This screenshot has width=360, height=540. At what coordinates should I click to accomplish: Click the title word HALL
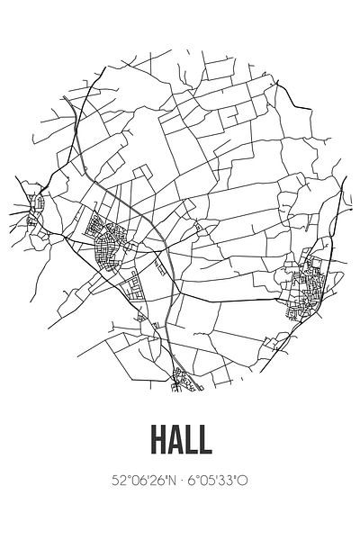pyautogui.click(x=180, y=440)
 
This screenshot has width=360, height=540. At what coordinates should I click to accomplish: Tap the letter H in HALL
pyautogui.click(x=153, y=440)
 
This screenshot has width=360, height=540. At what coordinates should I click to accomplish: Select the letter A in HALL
pyautogui.click(x=173, y=440)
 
